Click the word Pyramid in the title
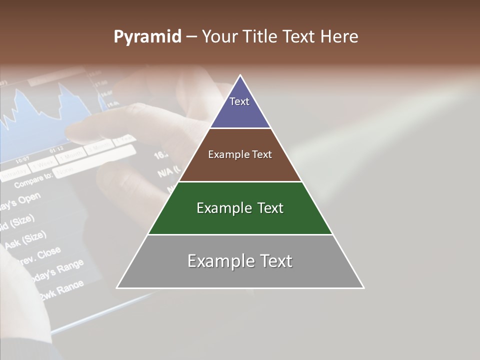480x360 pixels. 147,36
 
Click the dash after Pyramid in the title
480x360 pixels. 191,37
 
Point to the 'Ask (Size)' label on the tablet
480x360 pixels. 25,239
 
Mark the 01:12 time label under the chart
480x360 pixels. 56,149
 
